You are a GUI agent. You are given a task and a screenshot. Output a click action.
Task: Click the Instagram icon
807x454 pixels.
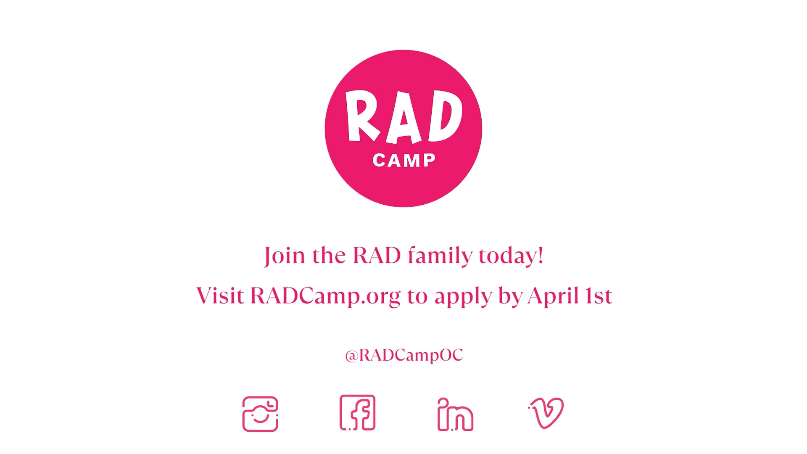click(x=260, y=414)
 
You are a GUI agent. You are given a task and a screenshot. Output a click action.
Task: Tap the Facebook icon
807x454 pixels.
click(x=357, y=413)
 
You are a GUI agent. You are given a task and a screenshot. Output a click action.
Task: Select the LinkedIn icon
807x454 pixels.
click(x=455, y=414)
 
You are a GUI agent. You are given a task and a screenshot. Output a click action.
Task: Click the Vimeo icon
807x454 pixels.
click(x=546, y=413)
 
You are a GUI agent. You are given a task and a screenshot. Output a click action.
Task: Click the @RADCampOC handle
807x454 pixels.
click(x=404, y=355)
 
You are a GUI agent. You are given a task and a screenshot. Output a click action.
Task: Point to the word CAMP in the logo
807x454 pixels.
click(x=404, y=161)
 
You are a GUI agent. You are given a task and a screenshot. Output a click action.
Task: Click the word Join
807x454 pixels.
click(x=285, y=256)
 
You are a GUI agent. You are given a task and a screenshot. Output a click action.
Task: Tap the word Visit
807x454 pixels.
click(x=220, y=296)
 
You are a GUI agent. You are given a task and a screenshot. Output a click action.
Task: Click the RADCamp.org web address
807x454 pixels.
click(x=325, y=296)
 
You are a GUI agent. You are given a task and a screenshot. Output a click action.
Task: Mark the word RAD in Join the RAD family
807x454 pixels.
click(x=377, y=256)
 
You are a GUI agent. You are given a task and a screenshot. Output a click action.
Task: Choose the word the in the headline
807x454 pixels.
click(x=329, y=256)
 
